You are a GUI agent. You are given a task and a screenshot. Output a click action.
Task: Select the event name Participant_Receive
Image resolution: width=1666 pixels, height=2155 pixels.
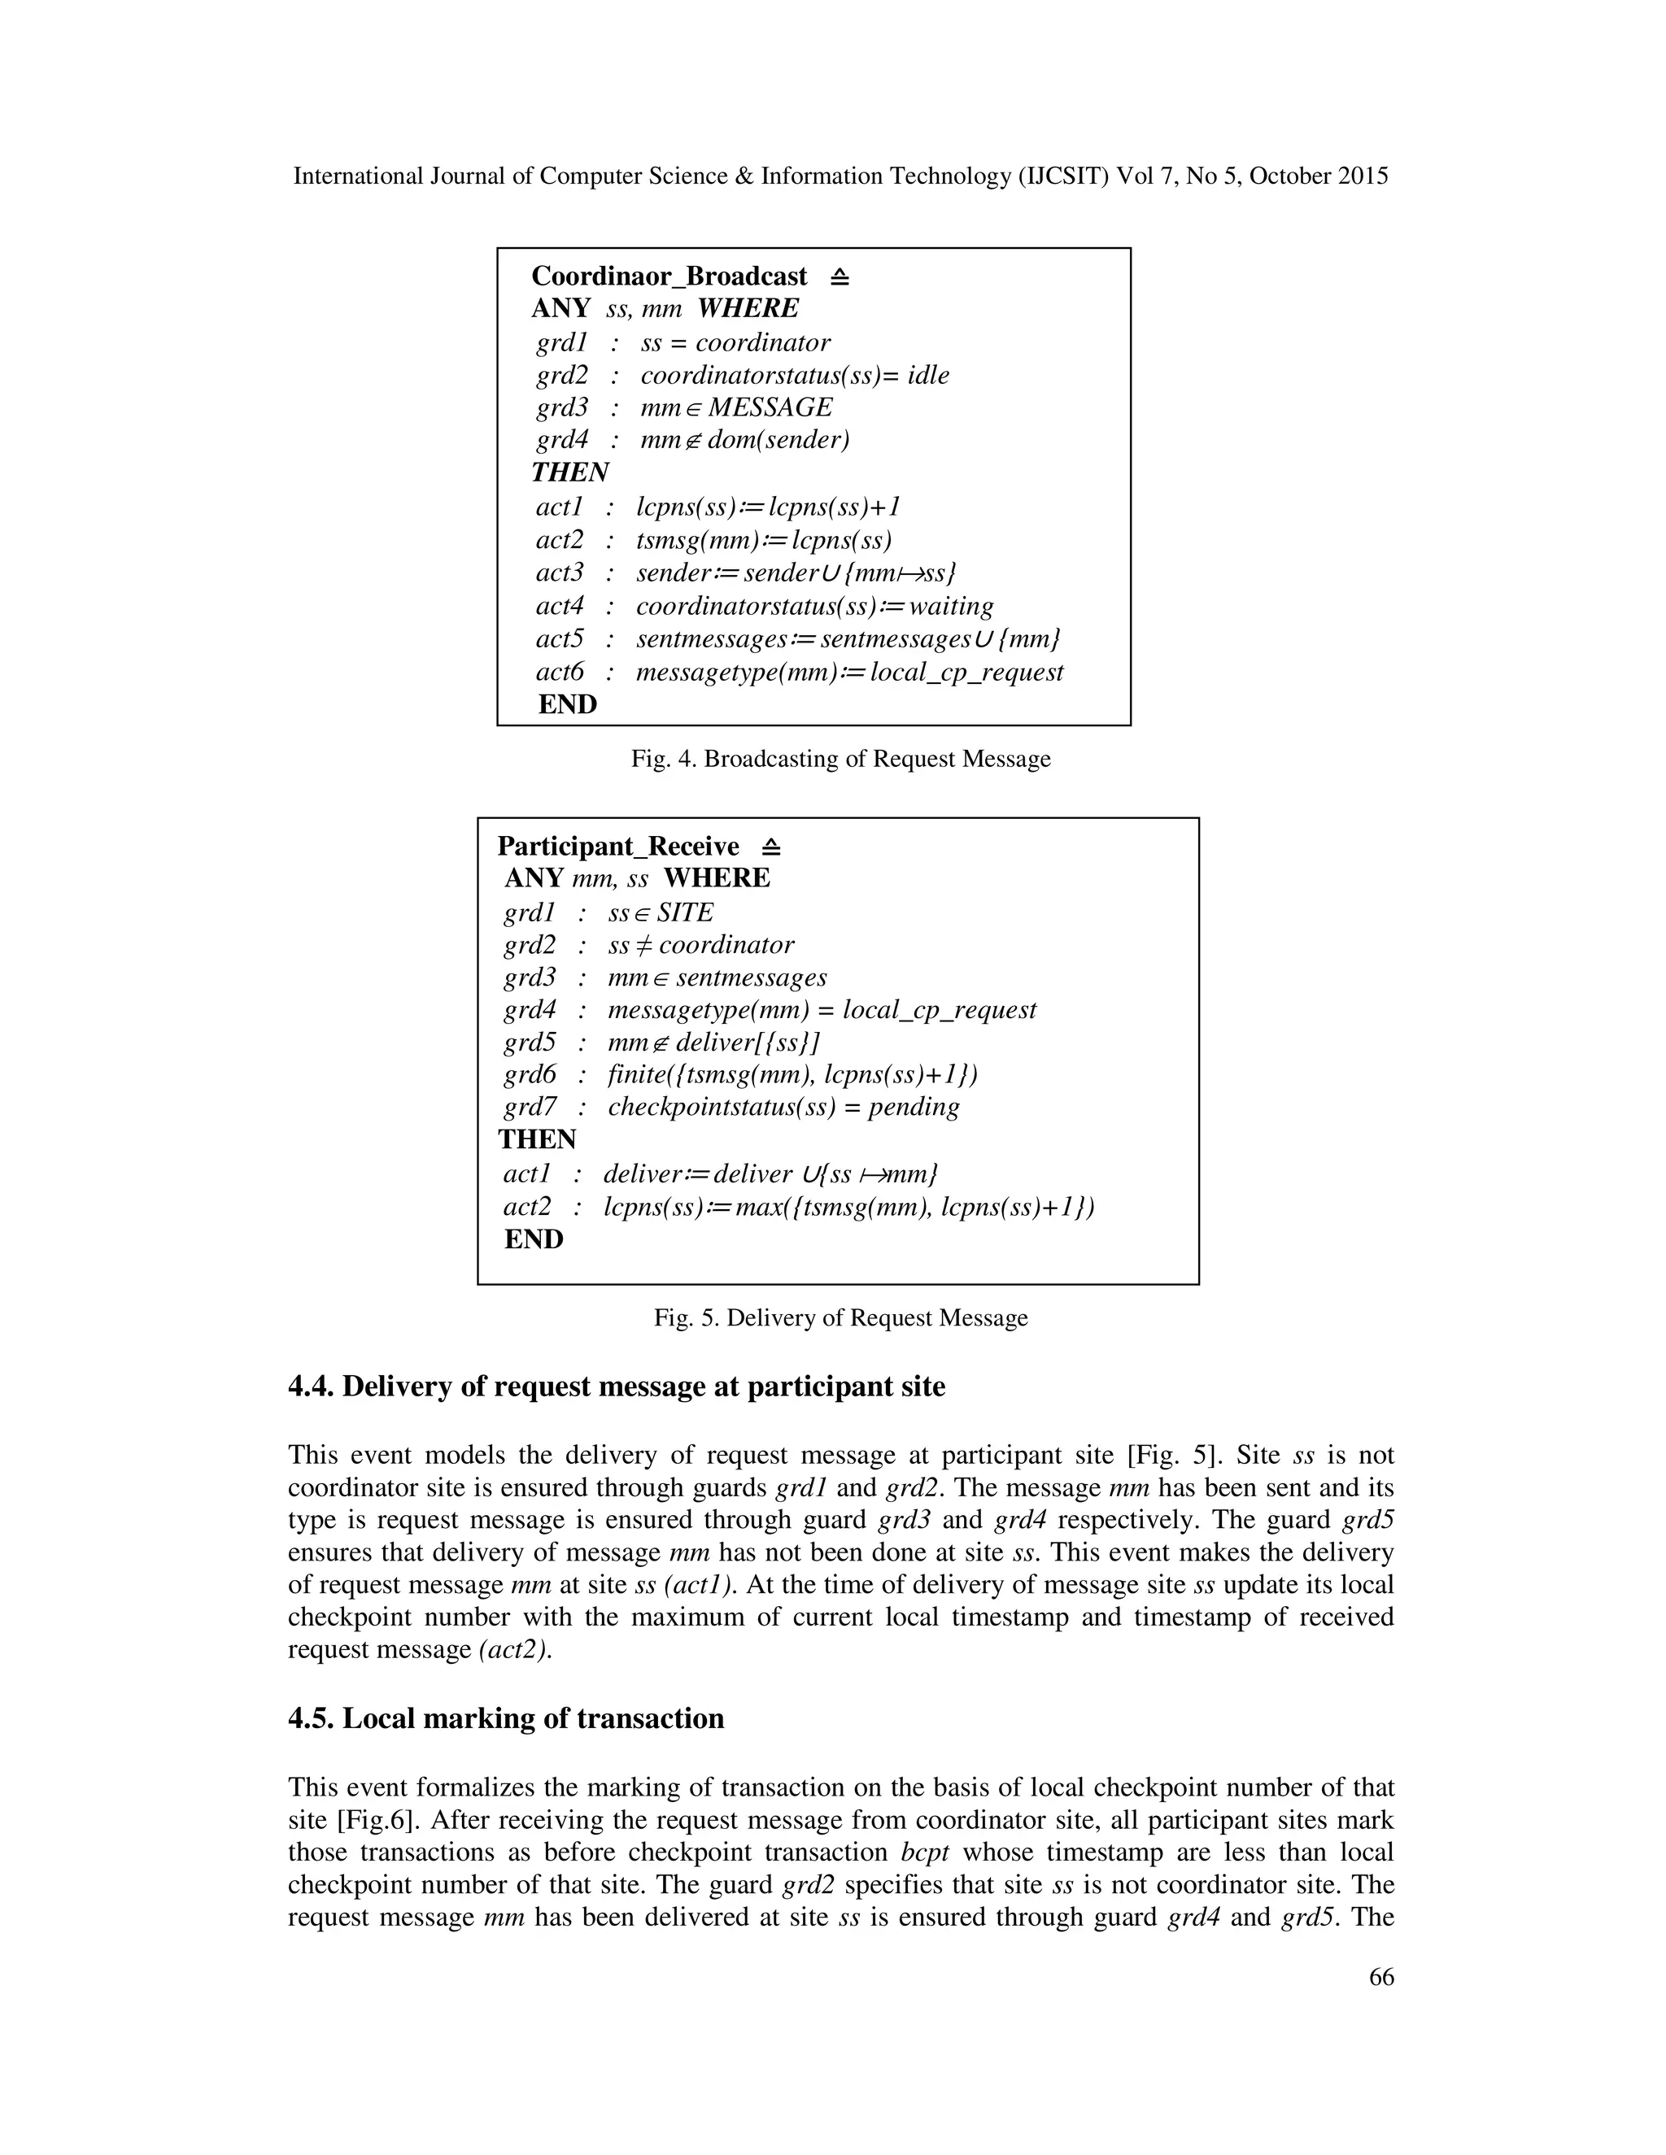click(618, 847)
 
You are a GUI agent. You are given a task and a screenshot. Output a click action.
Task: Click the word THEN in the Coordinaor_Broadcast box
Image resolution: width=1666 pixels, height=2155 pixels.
click(570, 472)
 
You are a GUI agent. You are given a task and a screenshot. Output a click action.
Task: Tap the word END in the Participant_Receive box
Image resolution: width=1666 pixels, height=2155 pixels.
click(533, 1239)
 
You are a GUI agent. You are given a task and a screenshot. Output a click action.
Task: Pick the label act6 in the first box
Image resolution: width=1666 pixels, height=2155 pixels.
click(560, 672)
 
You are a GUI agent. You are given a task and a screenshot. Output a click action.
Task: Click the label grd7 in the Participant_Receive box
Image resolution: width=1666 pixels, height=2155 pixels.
click(529, 1106)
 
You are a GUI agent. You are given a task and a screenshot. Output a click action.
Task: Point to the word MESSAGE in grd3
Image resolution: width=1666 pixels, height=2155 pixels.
click(770, 407)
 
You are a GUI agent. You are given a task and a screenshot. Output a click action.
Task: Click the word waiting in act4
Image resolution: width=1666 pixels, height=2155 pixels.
click(950, 606)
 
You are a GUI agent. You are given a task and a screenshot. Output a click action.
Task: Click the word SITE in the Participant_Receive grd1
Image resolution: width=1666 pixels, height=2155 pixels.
click(684, 912)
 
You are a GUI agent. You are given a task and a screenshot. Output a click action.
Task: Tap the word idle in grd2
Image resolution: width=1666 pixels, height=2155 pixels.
click(927, 375)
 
